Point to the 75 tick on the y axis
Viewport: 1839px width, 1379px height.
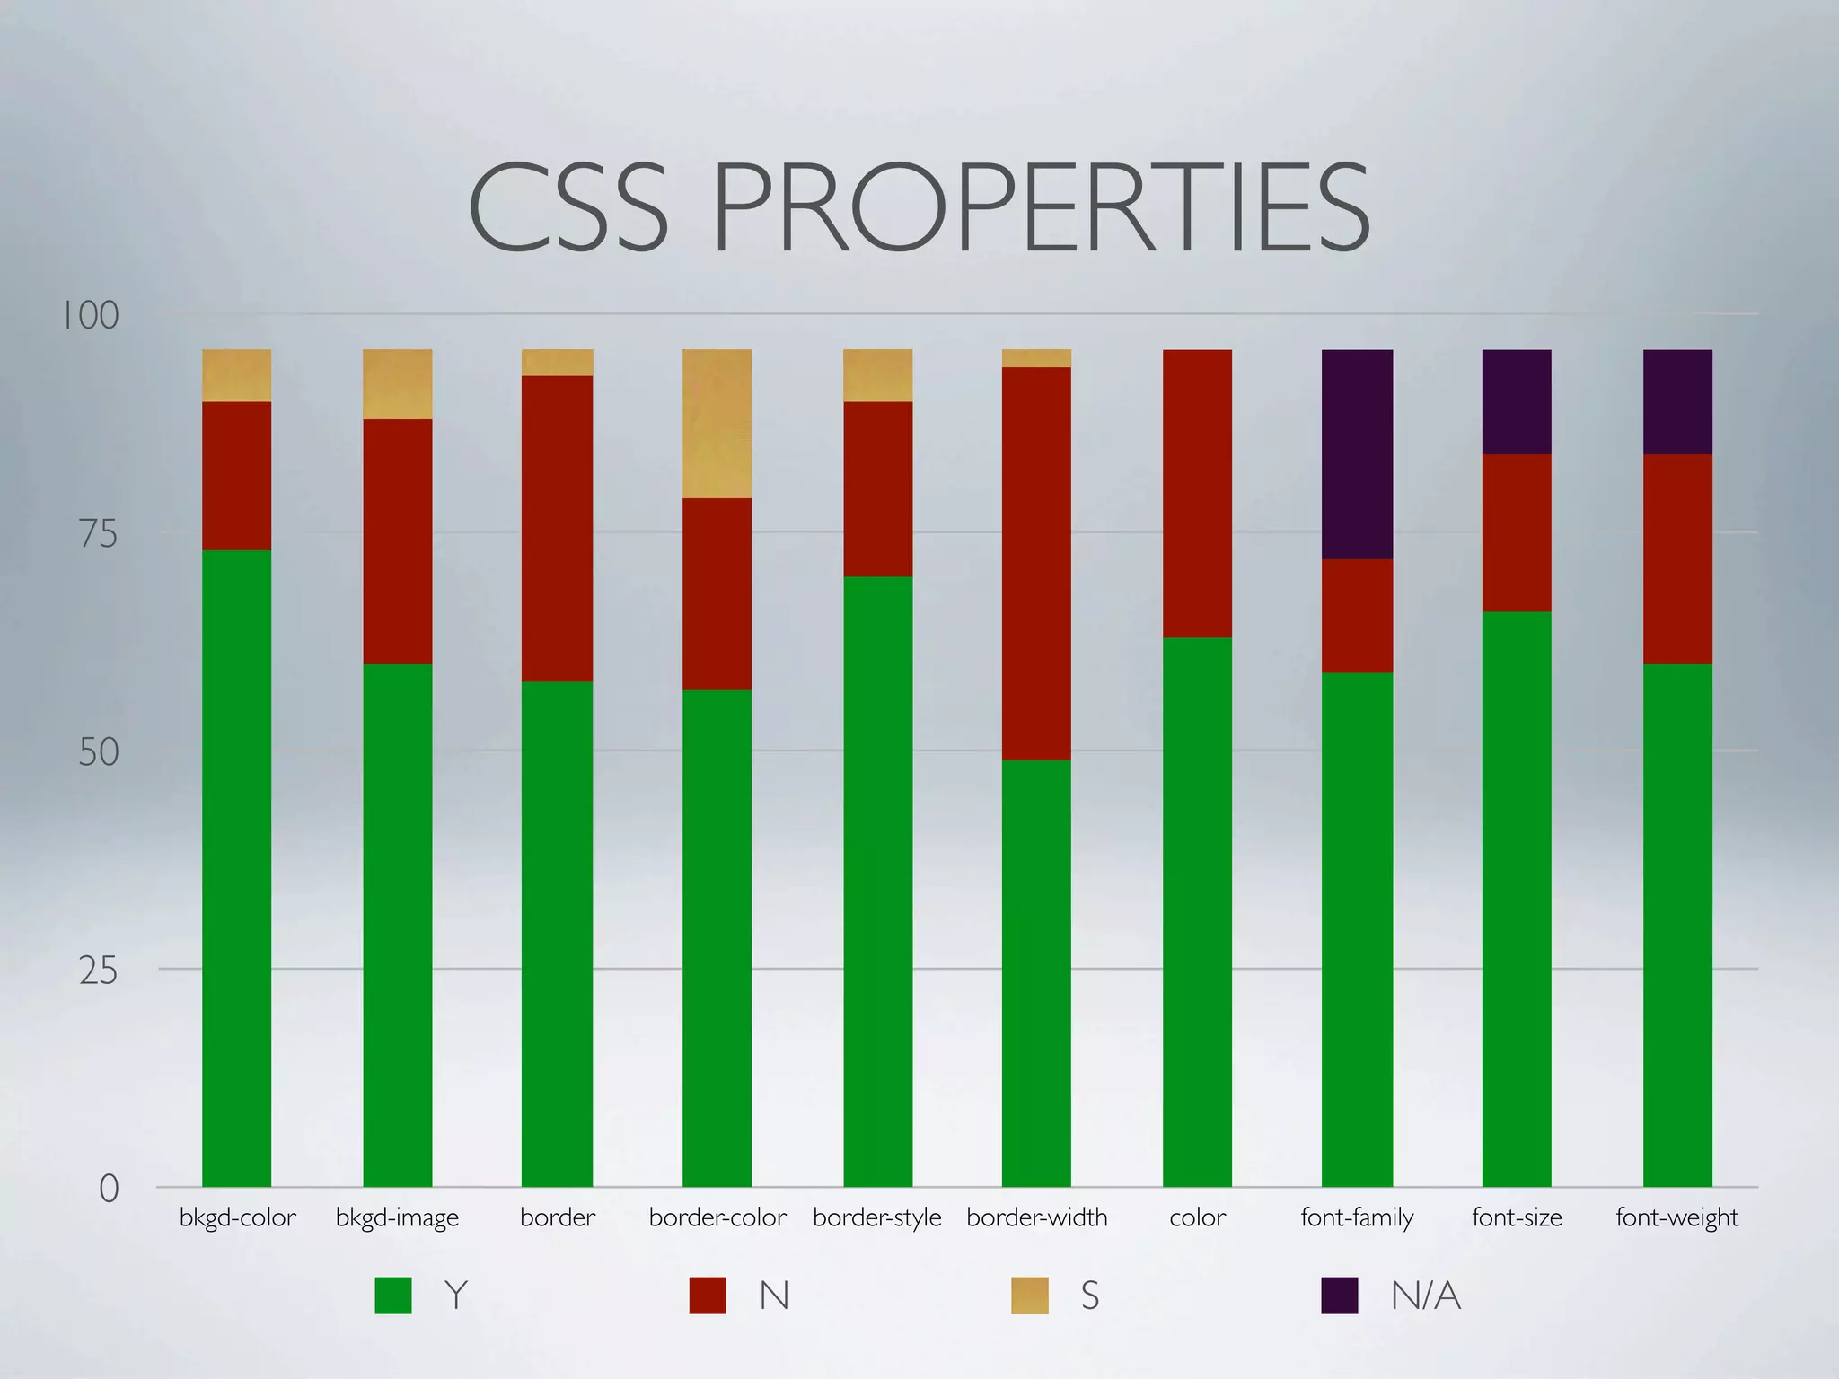tap(98, 534)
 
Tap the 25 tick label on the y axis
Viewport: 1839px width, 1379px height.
tap(98, 971)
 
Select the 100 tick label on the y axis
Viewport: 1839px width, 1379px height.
tap(90, 316)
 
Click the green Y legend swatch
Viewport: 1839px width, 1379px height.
tap(393, 1296)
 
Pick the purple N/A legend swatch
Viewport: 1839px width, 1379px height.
tap(1339, 1296)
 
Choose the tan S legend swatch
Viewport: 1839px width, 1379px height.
tap(1029, 1296)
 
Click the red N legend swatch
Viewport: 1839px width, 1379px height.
tap(708, 1296)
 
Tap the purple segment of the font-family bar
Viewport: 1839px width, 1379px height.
tap(1357, 453)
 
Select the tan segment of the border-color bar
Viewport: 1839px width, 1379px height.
tap(717, 423)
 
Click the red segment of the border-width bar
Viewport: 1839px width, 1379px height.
tap(1036, 563)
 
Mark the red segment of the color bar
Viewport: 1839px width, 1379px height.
tap(1197, 493)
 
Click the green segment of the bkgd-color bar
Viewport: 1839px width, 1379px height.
tap(237, 867)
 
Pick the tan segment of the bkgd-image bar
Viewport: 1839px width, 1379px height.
tap(397, 383)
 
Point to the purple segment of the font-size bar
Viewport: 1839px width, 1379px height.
tap(1517, 401)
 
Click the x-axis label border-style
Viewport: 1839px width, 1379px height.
tap(876, 1218)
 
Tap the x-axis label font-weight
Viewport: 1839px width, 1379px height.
tap(1676, 1218)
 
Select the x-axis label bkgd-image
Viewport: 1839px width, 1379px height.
tap(397, 1218)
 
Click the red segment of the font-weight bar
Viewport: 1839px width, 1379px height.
tap(1677, 558)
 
